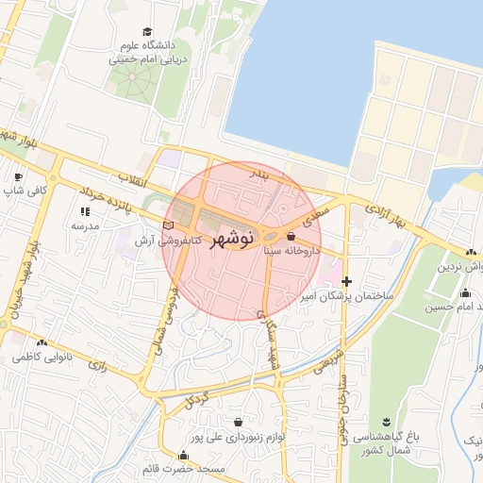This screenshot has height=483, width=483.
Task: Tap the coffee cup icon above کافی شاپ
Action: click(17, 176)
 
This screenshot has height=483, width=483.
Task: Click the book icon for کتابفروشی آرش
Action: click(169, 226)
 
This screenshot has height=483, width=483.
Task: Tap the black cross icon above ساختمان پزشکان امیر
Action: click(347, 281)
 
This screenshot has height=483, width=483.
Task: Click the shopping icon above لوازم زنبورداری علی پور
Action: click(236, 422)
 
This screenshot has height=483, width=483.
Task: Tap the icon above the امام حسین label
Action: click(465, 292)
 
